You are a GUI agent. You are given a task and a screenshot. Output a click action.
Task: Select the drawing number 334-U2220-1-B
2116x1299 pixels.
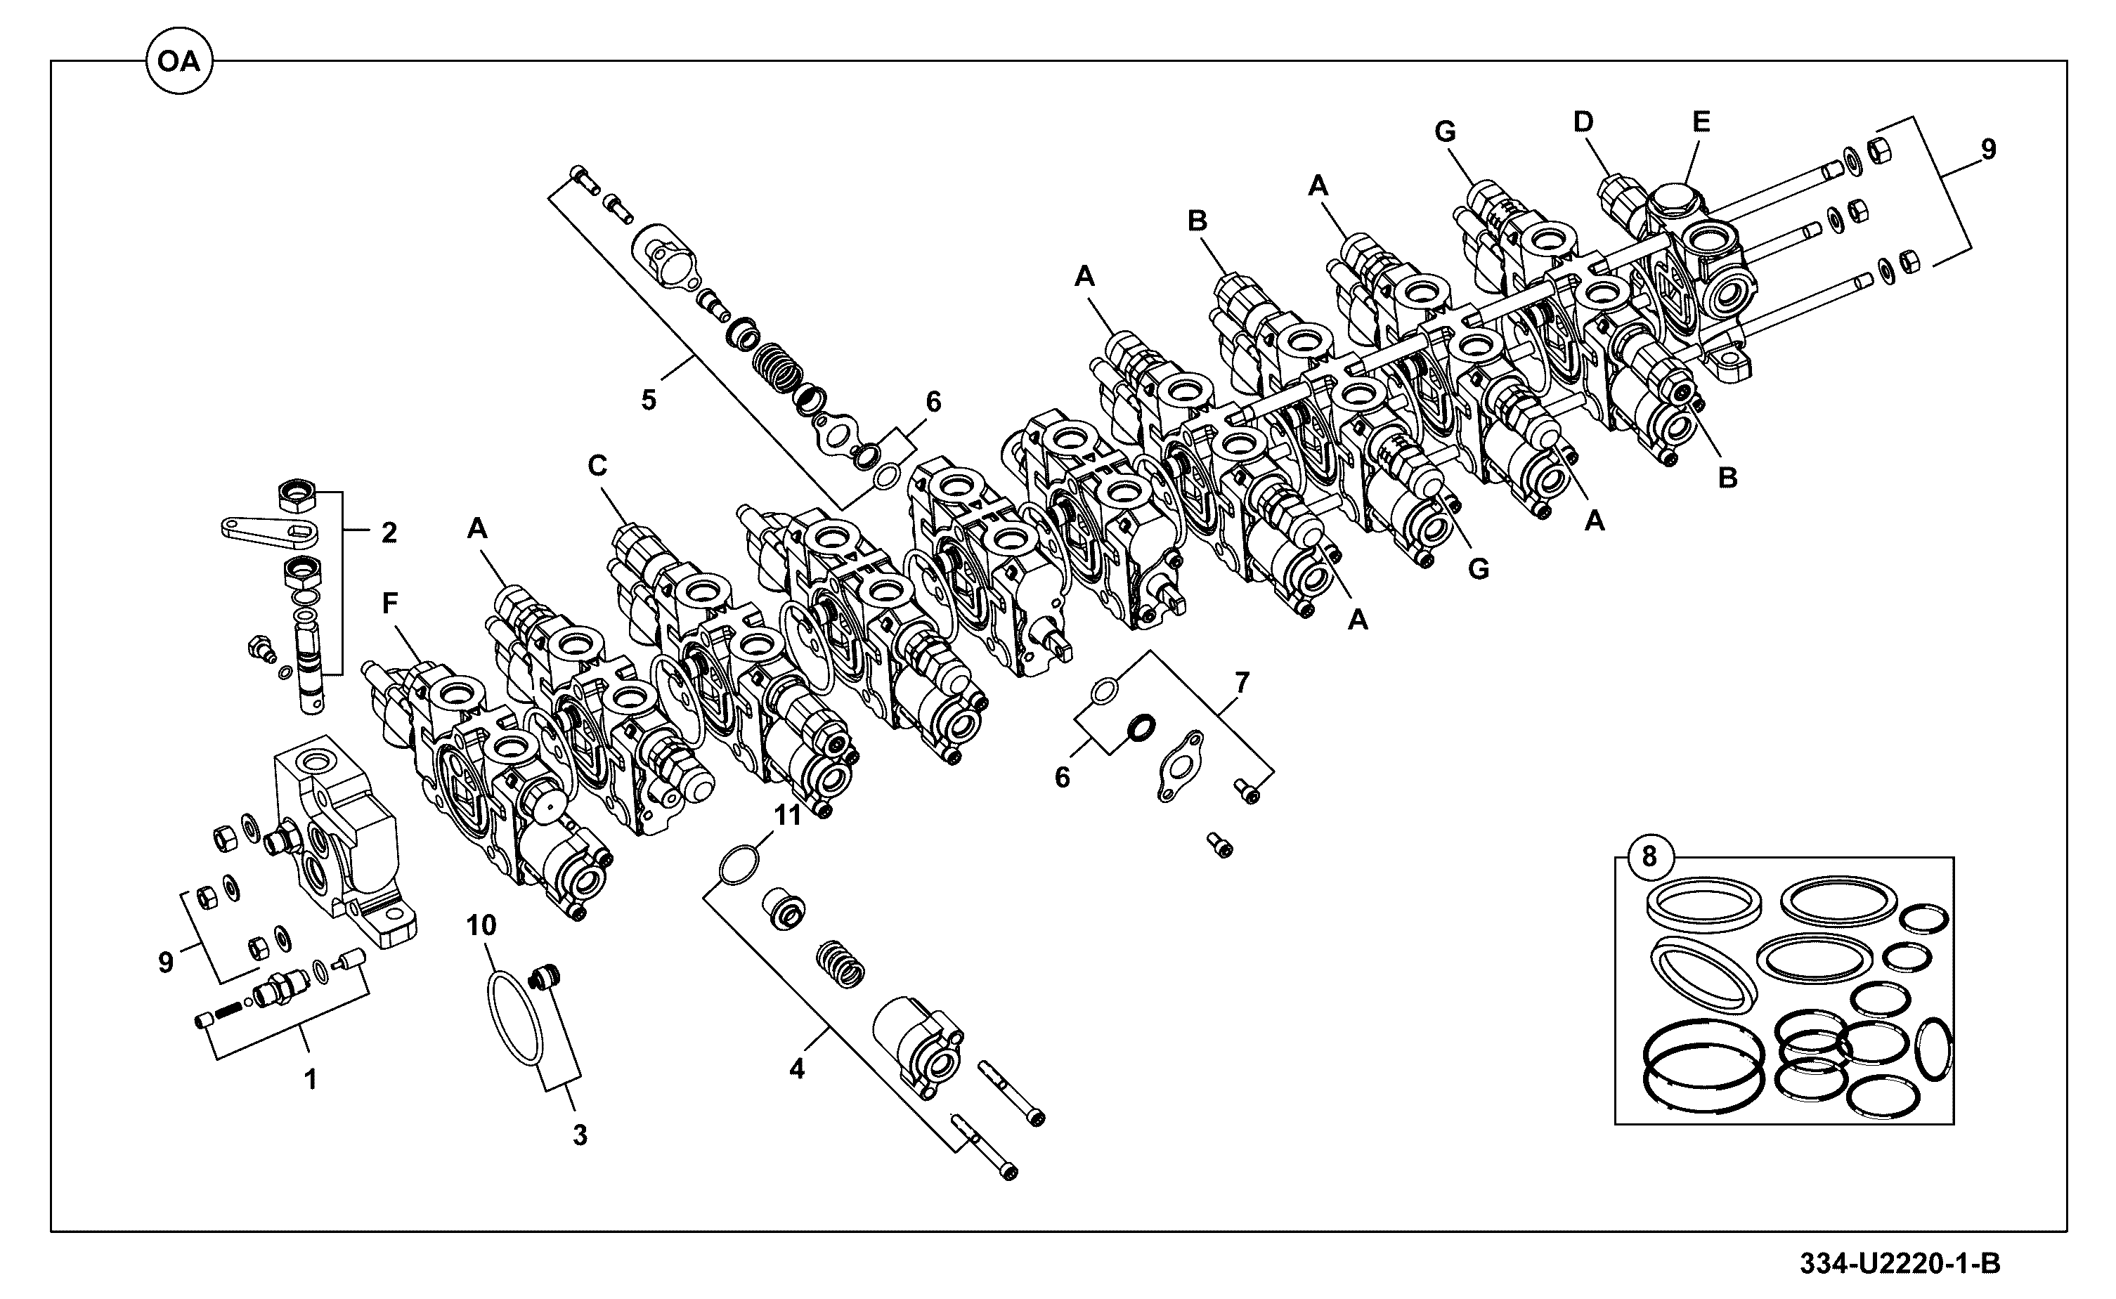click(x=1900, y=1264)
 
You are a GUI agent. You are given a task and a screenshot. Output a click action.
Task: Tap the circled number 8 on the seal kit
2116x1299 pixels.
click(x=1649, y=856)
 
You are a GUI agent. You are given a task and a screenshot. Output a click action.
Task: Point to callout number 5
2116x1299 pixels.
click(x=649, y=400)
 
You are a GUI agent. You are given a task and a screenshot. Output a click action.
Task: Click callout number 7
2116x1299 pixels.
click(x=1242, y=683)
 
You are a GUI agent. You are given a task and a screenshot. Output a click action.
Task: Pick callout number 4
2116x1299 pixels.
click(x=797, y=1069)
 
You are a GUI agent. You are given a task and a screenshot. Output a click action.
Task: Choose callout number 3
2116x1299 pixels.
click(x=580, y=1135)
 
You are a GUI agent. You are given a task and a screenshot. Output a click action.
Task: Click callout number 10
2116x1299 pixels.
click(x=481, y=925)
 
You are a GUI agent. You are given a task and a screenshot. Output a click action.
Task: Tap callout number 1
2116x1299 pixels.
click(x=311, y=1080)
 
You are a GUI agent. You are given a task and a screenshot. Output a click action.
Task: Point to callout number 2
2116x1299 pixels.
click(x=389, y=533)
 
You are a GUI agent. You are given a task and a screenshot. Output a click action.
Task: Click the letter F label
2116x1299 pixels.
click(x=390, y=604)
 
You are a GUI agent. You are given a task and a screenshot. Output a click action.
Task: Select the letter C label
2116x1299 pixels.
click(x=597, y=466)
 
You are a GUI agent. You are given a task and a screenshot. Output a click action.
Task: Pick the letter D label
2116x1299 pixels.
click(x=1583, y=123)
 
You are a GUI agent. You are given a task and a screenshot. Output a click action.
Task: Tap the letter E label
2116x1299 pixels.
click(x=1701, y=122)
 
